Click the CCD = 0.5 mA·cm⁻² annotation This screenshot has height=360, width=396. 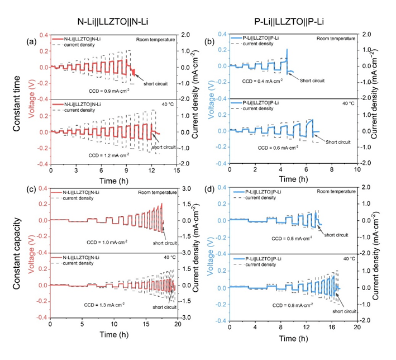(274, 239)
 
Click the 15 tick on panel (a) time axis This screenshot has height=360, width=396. (176, 170)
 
